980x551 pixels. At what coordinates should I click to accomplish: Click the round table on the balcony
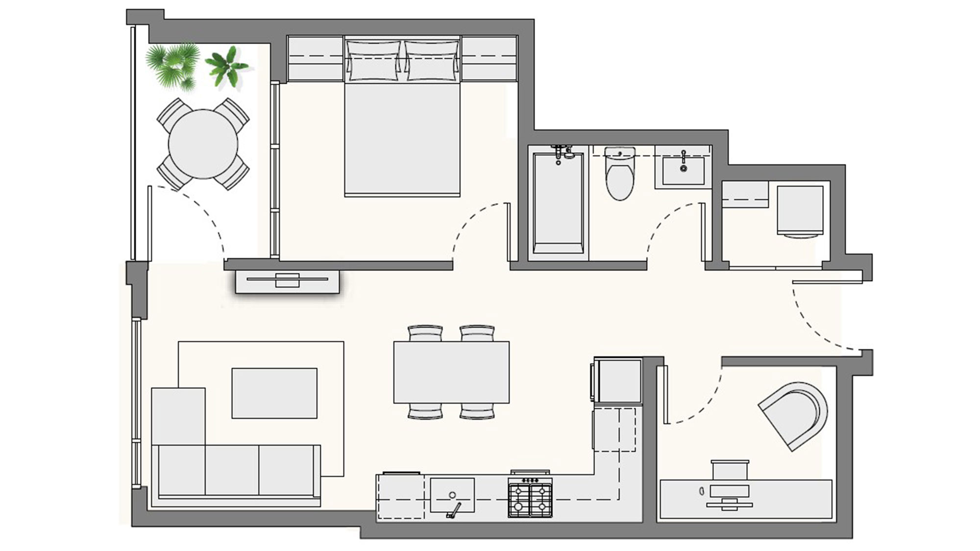coord(203,144)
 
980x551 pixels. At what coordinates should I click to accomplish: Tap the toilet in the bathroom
coord(620,179)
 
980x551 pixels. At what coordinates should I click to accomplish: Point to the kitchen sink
coord(452,495)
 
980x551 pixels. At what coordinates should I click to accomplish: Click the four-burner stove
coord(530,497)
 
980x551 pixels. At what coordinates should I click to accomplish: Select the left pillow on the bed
coord(373,61)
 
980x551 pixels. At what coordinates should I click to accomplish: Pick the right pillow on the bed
coord(432,61)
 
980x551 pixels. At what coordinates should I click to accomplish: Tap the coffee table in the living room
coord(274,393)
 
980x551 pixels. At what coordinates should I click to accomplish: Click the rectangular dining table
coord(451,372)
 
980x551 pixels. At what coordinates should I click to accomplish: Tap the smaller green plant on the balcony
coord(227,67)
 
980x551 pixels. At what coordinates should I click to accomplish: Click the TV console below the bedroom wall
coord(287,282)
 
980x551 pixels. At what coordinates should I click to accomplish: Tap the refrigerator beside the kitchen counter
coord(618,381)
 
